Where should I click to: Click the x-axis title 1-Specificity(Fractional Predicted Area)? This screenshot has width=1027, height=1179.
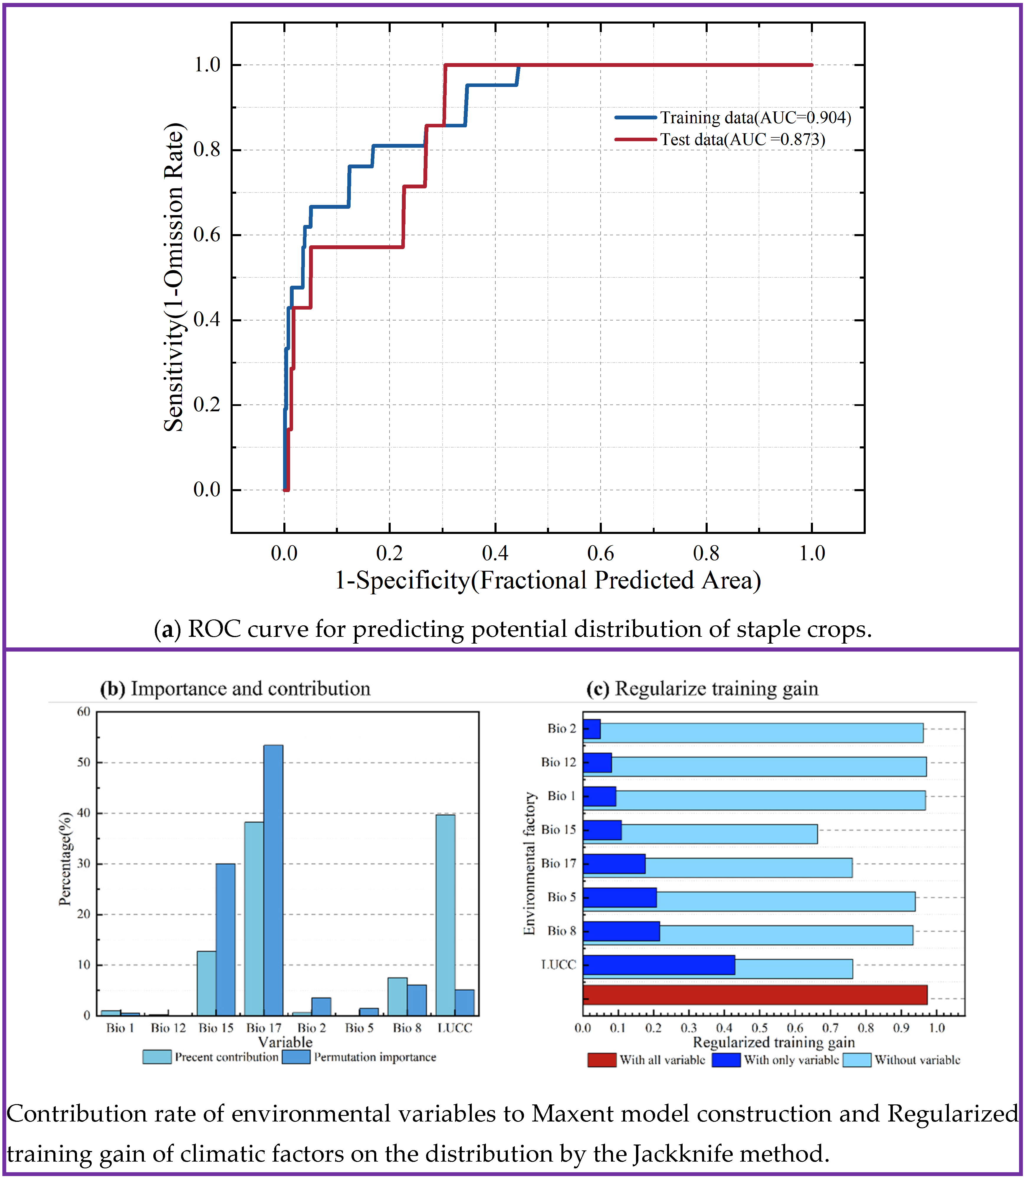click(547, 580)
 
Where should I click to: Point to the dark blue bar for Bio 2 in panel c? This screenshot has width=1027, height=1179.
click(591, 729)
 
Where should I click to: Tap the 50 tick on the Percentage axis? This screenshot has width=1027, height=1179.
click(84, 762)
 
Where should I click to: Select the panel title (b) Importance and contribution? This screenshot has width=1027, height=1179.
click(235, 689)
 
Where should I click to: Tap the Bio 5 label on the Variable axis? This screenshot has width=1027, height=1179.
click(359, 1028)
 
